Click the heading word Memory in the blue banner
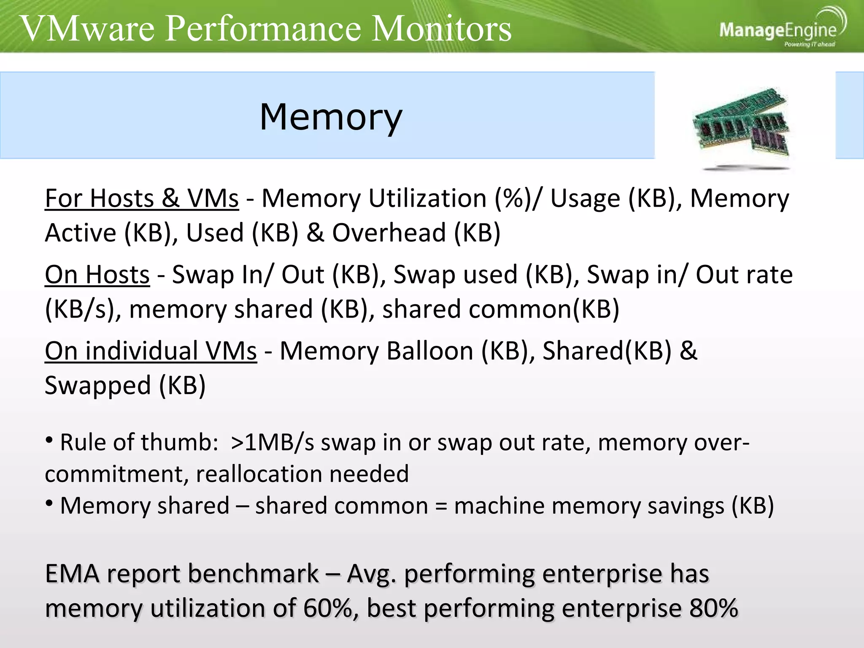[331, 117]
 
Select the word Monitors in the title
[441, 29]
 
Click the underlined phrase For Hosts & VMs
[142, 198]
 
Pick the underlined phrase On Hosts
[97, 275]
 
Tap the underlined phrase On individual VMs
[151, 351]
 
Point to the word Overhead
[389, 233]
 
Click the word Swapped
[98, 386]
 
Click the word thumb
[180, 443]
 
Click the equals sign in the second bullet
[441, 506]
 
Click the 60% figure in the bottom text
[328, 608]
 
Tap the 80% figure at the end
[713, 608]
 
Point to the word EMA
[72, 574]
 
